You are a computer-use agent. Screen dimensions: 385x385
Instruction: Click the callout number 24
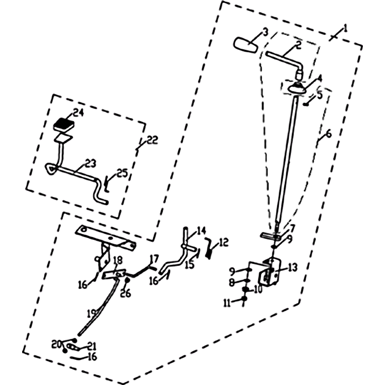[78, 113]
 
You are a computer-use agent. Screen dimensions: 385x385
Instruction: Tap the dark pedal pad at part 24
[64, 125]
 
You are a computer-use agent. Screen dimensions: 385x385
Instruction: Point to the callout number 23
[90, 163]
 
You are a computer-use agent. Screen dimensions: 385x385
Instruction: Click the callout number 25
[122, 173]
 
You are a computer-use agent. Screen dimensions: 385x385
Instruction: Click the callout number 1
[345, 28]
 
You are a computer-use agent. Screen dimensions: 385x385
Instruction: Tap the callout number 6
[328, 134]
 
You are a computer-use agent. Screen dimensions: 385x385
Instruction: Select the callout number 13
[293, 268]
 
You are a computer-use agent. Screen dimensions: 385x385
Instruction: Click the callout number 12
[223, 242]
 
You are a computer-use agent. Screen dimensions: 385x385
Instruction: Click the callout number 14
[201, 231]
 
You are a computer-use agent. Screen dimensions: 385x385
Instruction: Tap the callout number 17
[154, 259]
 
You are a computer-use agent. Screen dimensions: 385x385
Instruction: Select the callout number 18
[118, 260]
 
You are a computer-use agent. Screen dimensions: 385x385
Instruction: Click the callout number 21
[91, 346]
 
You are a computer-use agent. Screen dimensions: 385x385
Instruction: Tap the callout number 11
[227, 303]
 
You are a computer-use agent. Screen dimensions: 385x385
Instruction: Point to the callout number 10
[258, 290]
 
